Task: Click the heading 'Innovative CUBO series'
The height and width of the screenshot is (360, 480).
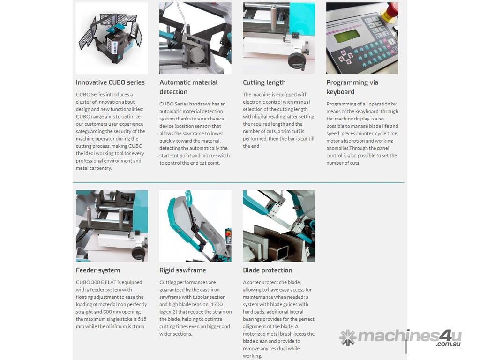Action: [x=110, y=82]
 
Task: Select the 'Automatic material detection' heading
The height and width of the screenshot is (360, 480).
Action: [x=188, y=87]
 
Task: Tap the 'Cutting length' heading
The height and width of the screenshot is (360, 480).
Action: [x=264, y=82]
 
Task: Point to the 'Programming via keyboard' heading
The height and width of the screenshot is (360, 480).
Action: [x=352, y=87]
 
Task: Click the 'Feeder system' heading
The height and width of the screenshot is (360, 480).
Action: [x=98, y=270]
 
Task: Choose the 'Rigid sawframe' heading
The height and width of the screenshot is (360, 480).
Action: [x=183, y=270]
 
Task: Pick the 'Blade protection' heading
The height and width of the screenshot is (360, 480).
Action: [x=268, y=270]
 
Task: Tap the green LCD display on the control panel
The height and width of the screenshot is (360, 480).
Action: [x=347, y=36]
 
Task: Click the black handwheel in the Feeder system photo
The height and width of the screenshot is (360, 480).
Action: [x=138, y=252]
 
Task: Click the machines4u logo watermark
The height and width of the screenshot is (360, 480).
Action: [x=400, y=337]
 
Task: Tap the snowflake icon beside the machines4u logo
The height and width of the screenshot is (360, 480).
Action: [x=348, y=337]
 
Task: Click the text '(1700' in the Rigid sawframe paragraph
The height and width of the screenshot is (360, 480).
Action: [x=216, y=304]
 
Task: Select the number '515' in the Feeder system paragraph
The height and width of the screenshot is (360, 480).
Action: [x=142, y=319]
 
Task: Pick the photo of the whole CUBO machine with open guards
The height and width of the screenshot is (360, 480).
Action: [x=112, y=38]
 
